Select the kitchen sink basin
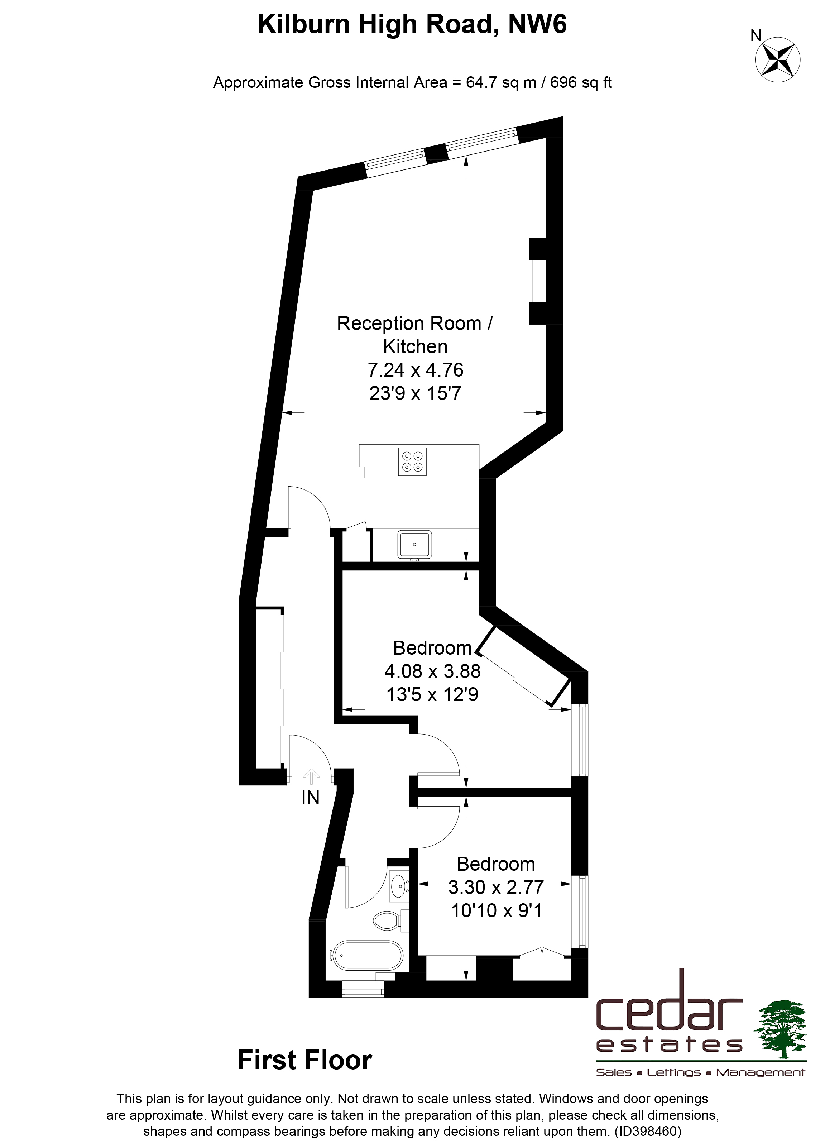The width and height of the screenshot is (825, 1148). click(x=414, y=545)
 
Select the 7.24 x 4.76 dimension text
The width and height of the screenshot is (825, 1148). click(x=416, y=370)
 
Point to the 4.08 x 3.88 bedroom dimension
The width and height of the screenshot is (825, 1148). click(x=432, y=671)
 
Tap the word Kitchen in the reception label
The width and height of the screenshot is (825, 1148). click(x=416, y=347)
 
